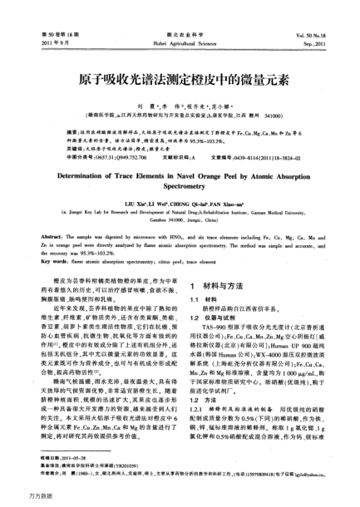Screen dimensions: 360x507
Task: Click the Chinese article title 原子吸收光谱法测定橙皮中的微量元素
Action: [180, 83]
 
